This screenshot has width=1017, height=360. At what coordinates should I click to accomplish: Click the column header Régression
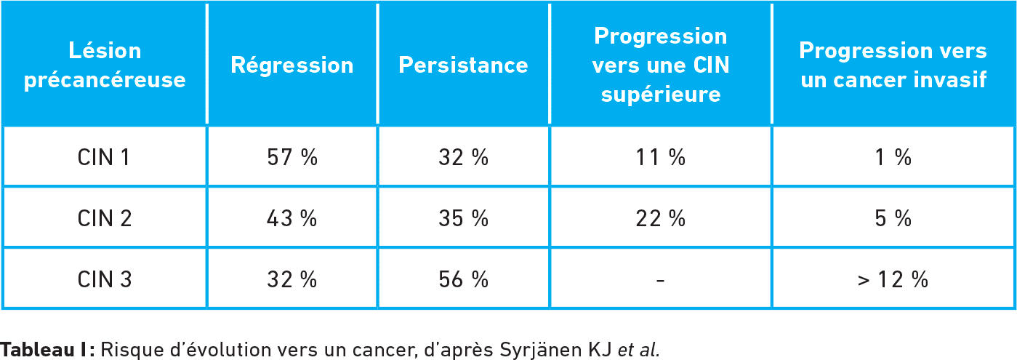point(292,65)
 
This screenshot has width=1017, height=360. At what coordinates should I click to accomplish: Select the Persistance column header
point(463,65)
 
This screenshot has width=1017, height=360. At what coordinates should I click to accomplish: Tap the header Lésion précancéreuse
point(105,65)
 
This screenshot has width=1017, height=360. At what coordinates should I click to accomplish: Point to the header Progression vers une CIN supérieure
point(661,65)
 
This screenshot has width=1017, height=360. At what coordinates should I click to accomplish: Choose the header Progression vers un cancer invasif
point(893,65)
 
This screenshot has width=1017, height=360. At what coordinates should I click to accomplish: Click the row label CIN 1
point(104,158)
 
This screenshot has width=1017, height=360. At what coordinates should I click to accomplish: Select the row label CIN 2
point(105,218)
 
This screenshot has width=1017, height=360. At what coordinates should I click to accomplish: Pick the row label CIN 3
point(105,279)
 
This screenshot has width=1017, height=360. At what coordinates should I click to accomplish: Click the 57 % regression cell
point(292,158)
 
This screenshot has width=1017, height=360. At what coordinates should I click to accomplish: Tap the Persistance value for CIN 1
point(463,158)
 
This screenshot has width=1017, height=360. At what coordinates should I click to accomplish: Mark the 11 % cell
point(661,158)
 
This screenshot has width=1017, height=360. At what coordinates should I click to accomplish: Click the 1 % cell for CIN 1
point(893,158)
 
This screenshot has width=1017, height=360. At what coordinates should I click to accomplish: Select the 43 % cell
point(292,218)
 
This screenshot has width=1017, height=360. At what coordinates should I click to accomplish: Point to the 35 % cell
point(463,218)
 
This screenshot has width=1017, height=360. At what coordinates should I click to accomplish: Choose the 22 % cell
point(661,218)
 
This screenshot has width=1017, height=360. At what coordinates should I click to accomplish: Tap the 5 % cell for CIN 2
point(893,218)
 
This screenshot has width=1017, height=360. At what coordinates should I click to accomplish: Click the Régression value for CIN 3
point(292,279)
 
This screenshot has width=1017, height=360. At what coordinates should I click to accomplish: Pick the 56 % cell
point(463,279)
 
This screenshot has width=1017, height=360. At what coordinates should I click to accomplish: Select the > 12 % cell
point(893,279)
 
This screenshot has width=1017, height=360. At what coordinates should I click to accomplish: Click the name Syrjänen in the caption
point(541,350)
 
